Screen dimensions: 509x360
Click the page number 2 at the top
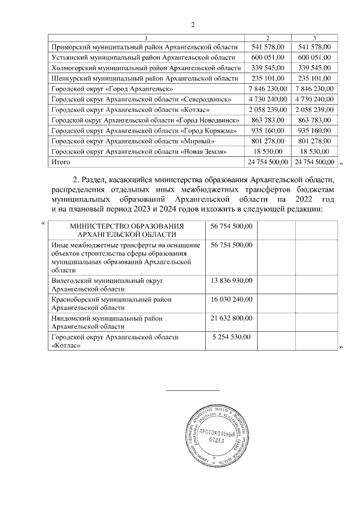pos(192,24)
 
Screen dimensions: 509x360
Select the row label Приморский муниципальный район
pos(143,47)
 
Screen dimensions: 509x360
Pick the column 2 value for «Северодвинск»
pos(267,100)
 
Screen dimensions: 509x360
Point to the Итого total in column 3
pos(314,163)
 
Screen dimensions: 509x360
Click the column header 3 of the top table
pos(314,37)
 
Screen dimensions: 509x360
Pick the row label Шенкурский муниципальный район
pos(145,78)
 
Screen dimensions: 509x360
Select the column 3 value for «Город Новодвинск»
pos(314,120)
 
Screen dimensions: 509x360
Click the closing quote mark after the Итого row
pos(341,164)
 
